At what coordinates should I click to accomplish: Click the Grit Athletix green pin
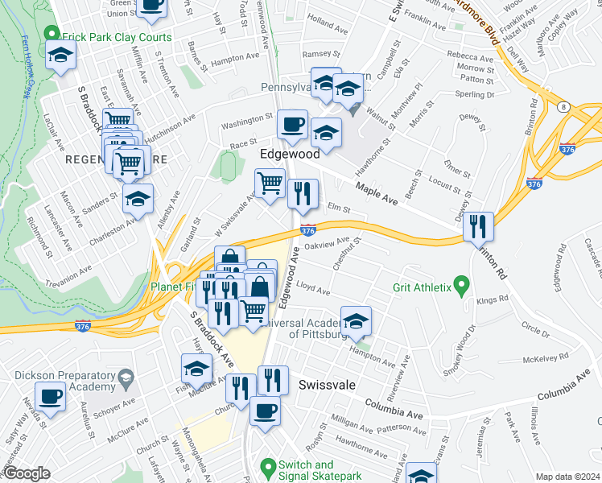pos(461,285)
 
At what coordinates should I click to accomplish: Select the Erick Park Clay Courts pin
pos(52,35)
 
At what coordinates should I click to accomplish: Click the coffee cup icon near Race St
pos(292,125)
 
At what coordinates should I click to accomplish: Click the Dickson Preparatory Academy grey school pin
pos(126,378)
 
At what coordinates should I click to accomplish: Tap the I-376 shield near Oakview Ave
pos(308,230)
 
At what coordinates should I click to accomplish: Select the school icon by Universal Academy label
pos(356,322)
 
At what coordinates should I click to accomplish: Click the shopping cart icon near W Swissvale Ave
pos(270,182)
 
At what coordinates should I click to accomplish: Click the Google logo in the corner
pos(27,473)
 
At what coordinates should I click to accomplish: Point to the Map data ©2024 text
pos(567,477)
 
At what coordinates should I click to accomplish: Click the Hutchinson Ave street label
pos(171,121)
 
